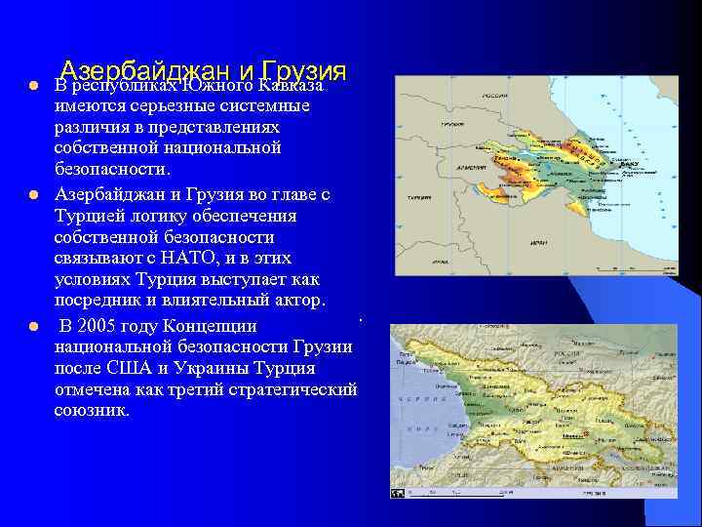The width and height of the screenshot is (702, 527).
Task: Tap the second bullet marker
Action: [x=32, y=194]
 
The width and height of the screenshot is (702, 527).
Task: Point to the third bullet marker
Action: [x=32, y=326]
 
